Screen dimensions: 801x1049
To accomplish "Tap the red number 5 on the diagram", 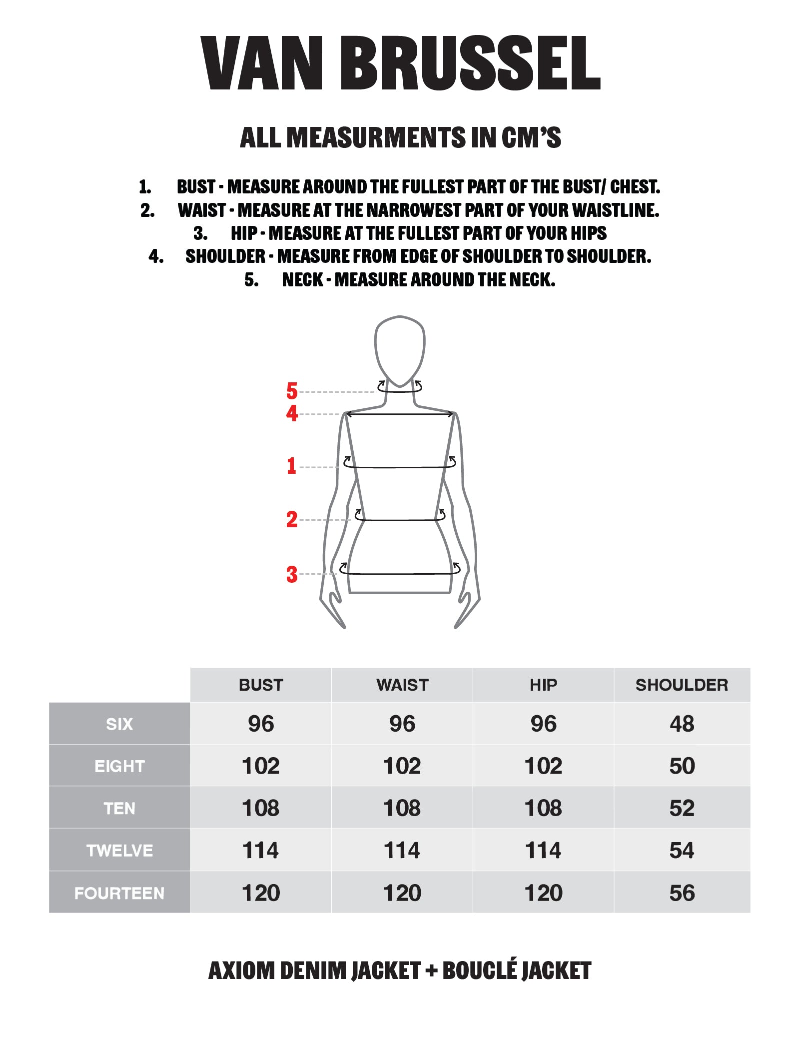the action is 292,391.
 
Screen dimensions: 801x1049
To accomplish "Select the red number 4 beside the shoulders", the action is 292,413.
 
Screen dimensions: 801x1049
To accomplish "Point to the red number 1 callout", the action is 291,466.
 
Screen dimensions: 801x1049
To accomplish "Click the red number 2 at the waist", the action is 292,519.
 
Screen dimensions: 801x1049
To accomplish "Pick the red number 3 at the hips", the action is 292,574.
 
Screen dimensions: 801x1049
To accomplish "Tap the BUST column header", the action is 261,685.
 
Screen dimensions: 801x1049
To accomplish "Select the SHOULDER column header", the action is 682,685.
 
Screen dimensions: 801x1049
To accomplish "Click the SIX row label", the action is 119,724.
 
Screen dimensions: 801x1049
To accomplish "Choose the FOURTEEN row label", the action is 119,893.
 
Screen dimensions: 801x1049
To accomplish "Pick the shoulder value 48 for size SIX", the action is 682,724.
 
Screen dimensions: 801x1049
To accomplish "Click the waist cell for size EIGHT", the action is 402,766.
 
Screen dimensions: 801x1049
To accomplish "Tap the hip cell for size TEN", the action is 543,808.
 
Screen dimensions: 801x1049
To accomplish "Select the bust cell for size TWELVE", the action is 260,850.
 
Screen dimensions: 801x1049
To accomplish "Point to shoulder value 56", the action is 682,893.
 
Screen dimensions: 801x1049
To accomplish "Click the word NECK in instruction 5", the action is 302,280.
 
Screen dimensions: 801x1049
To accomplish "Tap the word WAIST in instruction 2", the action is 202,210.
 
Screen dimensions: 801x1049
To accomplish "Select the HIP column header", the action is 543,685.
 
